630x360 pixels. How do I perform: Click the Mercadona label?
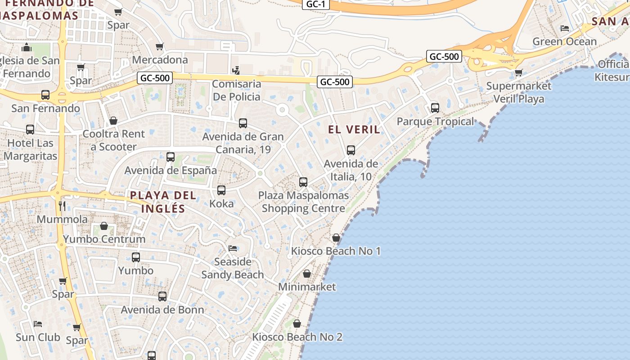(160, 60)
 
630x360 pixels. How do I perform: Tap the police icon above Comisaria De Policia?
(236, 70)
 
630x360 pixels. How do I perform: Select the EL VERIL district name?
(354, 130)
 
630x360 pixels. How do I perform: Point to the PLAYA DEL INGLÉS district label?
(163, 202)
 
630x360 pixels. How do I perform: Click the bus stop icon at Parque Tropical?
(435, 108)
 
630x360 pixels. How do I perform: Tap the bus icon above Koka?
(221, 190)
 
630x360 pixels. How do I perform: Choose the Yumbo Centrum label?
(104, 239)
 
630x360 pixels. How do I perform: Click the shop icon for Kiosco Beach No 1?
(336, 238)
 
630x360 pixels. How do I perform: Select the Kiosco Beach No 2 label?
(297, 337)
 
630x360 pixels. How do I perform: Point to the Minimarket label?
(307, 287)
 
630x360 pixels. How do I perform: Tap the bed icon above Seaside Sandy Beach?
(233, 248)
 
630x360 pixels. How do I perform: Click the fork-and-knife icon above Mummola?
(62, 206)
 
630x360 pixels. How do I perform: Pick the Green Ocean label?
(564, 41)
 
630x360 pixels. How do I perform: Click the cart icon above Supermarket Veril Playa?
(519, 72)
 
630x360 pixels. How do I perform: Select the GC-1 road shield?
(315, 4)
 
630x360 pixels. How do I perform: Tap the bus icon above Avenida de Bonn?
(162, 297)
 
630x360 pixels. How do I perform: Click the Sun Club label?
(38, 337)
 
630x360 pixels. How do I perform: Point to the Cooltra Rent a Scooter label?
(113, 140)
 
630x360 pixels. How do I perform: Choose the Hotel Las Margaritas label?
(30, 150)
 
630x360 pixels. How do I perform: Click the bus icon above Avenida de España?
(171, 157)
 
